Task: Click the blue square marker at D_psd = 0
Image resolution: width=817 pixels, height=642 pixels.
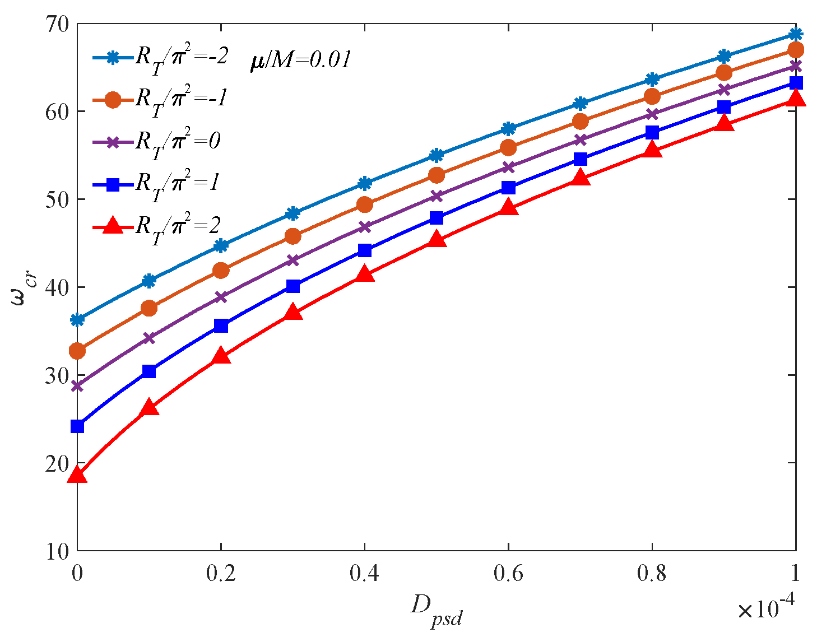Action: pyautogui.click(x=77, y=426)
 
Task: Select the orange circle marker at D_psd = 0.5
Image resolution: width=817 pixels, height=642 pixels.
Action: pyautogui.click(x=437, y=175)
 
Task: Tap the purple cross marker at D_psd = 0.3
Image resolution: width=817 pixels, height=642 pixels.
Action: pyautogui.click(x=293, y=260)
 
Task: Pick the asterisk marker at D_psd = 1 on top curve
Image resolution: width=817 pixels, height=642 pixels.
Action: pyautogui.click(x=796, y=34)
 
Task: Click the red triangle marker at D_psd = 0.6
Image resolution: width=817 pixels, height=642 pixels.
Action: pyautogui.click(x=508, y=207)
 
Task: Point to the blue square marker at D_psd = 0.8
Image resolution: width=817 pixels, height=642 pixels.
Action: pyautogui.click(x=652, y=132)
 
